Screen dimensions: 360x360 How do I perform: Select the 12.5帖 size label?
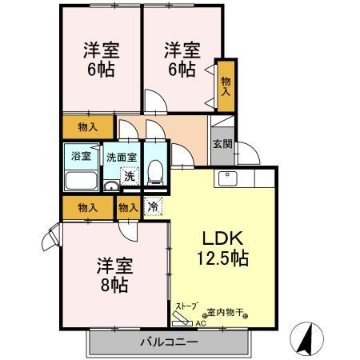222,258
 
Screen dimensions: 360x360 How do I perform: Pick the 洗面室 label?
122,158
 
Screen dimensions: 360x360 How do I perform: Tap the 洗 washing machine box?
128,176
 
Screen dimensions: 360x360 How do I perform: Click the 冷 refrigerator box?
153,207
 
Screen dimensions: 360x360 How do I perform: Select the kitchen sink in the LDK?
222,178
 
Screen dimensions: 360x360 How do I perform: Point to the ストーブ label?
186,306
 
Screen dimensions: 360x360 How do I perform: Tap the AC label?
200,324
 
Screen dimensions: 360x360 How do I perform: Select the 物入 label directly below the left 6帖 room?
88,126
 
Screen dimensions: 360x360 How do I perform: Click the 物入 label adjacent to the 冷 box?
126,207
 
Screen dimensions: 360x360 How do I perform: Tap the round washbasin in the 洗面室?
111,187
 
